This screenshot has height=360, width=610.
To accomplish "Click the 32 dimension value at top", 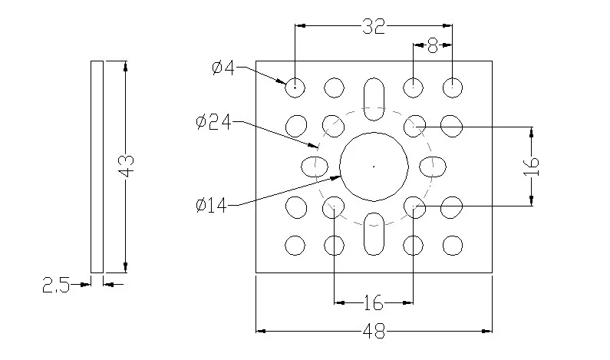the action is (374, 26).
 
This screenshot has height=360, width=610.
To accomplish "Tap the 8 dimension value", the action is (433, 46).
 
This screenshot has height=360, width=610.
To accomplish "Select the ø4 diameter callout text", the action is (223, 68).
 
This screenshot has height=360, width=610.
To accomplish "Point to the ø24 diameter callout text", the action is (213, 122).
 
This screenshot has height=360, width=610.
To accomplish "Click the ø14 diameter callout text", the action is (211, 205).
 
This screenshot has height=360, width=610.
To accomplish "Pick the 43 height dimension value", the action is (127, 166).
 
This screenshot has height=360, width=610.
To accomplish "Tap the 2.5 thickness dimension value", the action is (56, 285).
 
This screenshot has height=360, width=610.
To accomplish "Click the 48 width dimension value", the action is (374, 332).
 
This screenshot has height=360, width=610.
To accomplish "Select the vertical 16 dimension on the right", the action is (532, 167).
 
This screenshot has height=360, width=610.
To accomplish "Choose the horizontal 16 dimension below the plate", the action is (374, 302).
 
